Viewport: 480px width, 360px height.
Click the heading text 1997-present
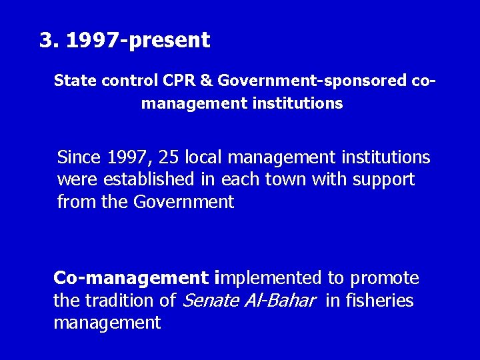[139, 41]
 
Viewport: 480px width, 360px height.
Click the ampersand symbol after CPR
[206, 81]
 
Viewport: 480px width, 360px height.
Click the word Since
[79, 157]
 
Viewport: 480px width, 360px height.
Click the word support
[385, 179]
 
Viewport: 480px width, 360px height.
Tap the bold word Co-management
[131, 278]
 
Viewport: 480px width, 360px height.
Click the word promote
[385, 278]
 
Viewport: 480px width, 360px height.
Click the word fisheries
[379, 301]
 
